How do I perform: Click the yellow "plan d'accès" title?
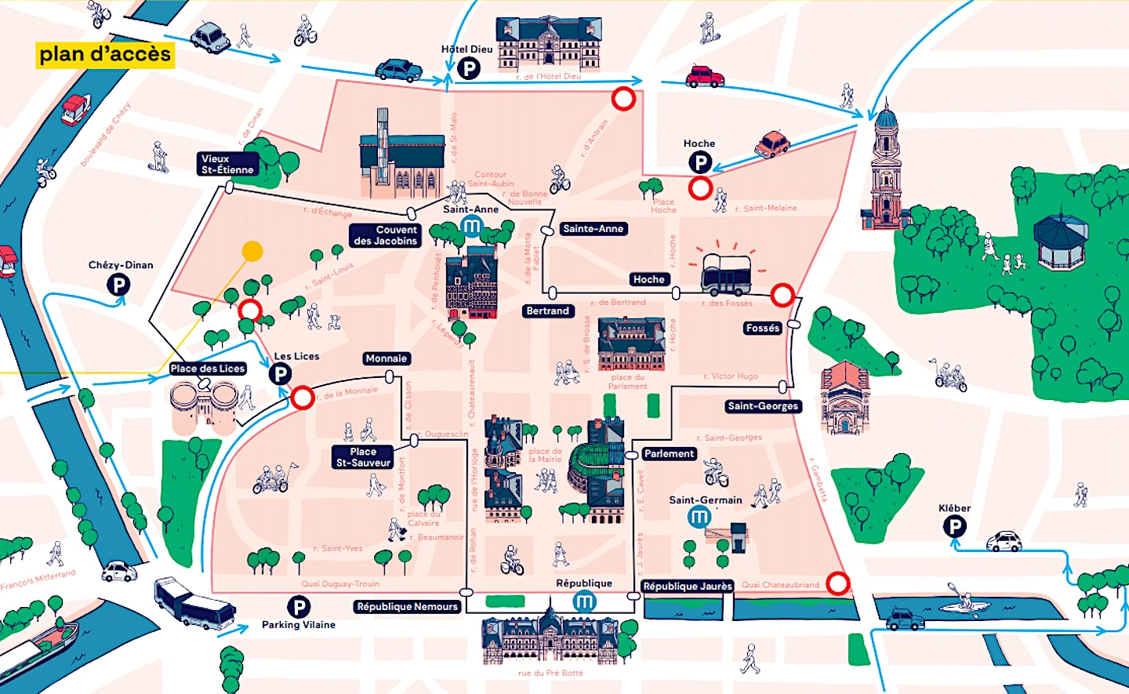[x=105, y=55]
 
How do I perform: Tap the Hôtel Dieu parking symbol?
[x=468, y=69]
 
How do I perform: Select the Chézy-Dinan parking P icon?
[x=118, y=285]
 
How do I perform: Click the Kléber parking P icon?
[x=954, y=527]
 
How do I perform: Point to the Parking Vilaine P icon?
[x=298, y=606]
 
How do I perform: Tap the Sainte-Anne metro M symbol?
[x=471, y=227]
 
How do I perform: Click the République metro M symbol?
[x=584, y=601]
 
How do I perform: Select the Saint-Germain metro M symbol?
[x=699, y=517]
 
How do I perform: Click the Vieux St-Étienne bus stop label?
[x=227, y=164]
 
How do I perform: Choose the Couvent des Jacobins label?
[x=386, y=235]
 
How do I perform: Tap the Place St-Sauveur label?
[x=363, y=457]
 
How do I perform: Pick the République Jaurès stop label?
[x=688, y=586]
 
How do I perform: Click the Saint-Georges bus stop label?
[x=763, y=406]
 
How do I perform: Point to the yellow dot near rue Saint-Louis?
[x=252, y=251]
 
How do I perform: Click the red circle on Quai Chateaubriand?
[x=838, y=583]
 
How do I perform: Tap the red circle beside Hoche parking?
[x=700, y=188]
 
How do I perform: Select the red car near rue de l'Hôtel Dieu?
[x=705, y=76]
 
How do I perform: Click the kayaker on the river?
[x=958, y=599]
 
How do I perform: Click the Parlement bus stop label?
[x=669, y=454]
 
